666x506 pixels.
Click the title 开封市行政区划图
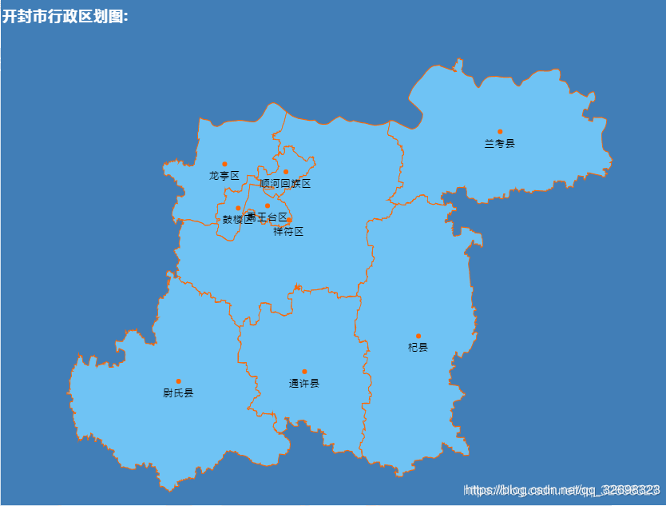[x=65, y=17]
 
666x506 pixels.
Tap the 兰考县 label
[x=500, y=144]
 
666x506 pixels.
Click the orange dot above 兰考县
[x=500, y=131]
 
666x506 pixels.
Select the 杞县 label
[x=418, y=348]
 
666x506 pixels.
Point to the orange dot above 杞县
[x=418, y=336]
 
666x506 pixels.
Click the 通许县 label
[x=304, y=384]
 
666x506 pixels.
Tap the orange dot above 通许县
[x=304, y=371]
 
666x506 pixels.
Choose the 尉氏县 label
[x=178, y=393]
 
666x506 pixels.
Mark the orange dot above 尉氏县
[x=178, y=380]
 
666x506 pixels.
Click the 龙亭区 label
[x=224, y=176]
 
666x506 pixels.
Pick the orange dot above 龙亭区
[x=224, y=164]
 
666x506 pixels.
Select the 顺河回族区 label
[x=285, y=184]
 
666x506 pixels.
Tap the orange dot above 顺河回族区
[x=285, y=171]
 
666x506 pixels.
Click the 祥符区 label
[x=288, y=232]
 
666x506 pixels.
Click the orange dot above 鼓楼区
[x=238, y=208]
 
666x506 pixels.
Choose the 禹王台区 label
[x=270, y=217]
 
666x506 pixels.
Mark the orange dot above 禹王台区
[x=268, y=205]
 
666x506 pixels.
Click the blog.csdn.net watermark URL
[x=562, y=489]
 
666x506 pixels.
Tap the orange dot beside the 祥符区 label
[x=289, y=220]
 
